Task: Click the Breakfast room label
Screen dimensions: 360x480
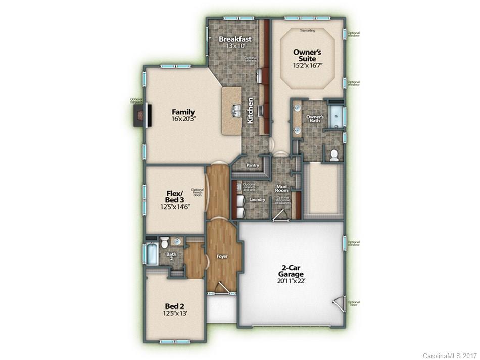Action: click(x=234, y=39)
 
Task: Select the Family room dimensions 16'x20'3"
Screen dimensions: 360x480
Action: click(x=183, y=119)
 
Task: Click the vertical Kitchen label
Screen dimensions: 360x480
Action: click(x=250, y=111)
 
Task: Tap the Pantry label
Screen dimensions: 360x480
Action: click(x=253, y=165)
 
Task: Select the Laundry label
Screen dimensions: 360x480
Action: click(x=257, y=200)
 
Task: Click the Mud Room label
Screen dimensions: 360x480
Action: click(x=281, y=188)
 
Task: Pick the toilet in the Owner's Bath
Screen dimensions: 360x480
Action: click(x=333, y=155)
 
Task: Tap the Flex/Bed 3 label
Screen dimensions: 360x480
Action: click(x=170, y=197)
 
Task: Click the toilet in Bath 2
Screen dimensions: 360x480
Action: click(x=164, y=242)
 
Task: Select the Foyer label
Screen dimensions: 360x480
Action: click(x=222, y=256)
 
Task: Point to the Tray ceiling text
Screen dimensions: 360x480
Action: click(x=307, y=31)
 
